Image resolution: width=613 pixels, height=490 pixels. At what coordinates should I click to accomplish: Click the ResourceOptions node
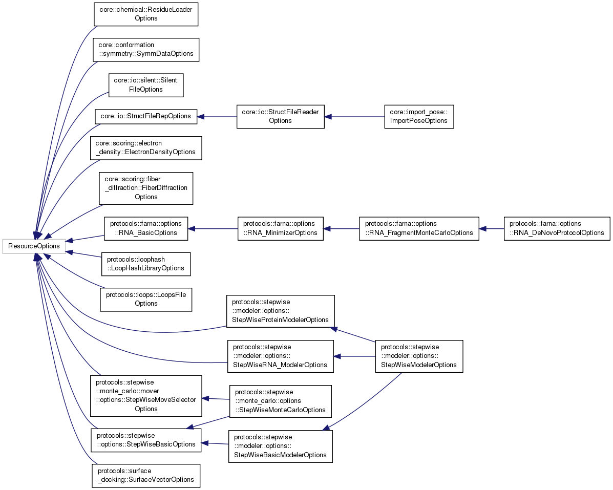[x=34, y=246]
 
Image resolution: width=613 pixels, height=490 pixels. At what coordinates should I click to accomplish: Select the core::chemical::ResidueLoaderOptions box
[x=146, y=14]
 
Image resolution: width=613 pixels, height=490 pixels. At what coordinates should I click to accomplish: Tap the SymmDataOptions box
[x=146, y=50]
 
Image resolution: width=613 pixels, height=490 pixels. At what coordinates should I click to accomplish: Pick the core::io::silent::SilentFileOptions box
[x=146, y=85]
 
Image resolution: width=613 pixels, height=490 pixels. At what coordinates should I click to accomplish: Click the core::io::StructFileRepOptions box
[x=146, y=117]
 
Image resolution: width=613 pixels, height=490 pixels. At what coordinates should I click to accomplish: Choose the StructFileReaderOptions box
[x=280, y=116]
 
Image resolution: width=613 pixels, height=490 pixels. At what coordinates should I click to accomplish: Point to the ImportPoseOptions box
[x=418, y=116]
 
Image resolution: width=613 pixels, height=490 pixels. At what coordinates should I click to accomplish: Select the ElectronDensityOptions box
[x=146, y=148]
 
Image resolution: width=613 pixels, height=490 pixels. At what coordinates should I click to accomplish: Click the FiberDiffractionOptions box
[x=146, y=188]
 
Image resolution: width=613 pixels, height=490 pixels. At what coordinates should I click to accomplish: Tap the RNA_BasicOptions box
[x=146, y=228]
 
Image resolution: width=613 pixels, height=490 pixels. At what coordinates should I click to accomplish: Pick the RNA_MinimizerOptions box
[x=280, y=228]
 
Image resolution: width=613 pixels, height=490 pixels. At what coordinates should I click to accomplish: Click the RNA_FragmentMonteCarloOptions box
[x=419, y=228]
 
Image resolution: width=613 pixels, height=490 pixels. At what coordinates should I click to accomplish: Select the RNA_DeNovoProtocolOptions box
[x=557, y=228]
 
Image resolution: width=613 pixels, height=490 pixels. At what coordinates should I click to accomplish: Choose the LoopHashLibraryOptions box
[x=146, y=264]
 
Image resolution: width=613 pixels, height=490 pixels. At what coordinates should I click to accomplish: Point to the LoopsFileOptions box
[x=146, y=299]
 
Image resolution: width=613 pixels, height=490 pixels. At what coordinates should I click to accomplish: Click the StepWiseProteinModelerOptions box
[x=280, y=311]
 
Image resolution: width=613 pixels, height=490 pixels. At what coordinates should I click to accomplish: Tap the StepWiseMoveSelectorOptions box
[x=146, y=395]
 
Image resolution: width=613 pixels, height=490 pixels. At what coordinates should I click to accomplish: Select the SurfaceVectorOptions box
[x=146, y=475]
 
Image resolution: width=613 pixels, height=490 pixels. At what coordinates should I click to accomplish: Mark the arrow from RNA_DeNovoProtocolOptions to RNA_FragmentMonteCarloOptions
[x=491, y=228]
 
